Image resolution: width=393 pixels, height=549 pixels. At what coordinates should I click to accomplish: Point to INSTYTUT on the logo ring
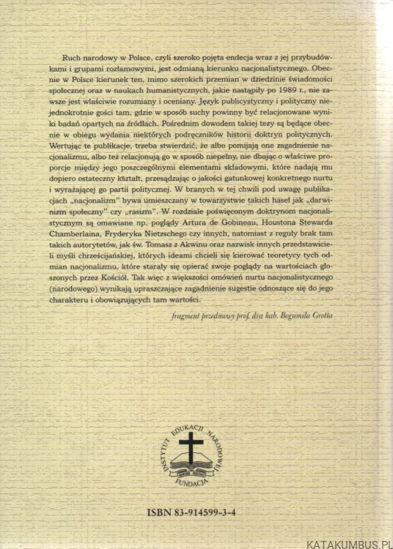click(x=162, y=453)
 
